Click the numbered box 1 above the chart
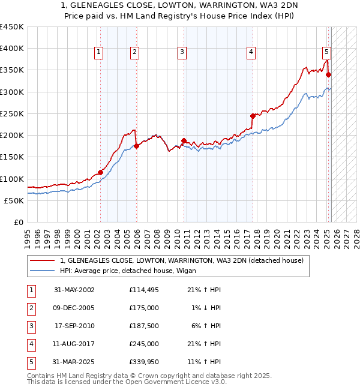(98, 53)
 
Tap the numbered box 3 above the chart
(181, 53)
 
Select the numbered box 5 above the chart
(326, 53)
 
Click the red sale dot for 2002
(100, 173)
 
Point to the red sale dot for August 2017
(253, 116)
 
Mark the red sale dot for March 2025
(329, 74)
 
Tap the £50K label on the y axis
(14, 200)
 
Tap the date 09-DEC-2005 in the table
(74, 308)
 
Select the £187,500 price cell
(144, 326)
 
